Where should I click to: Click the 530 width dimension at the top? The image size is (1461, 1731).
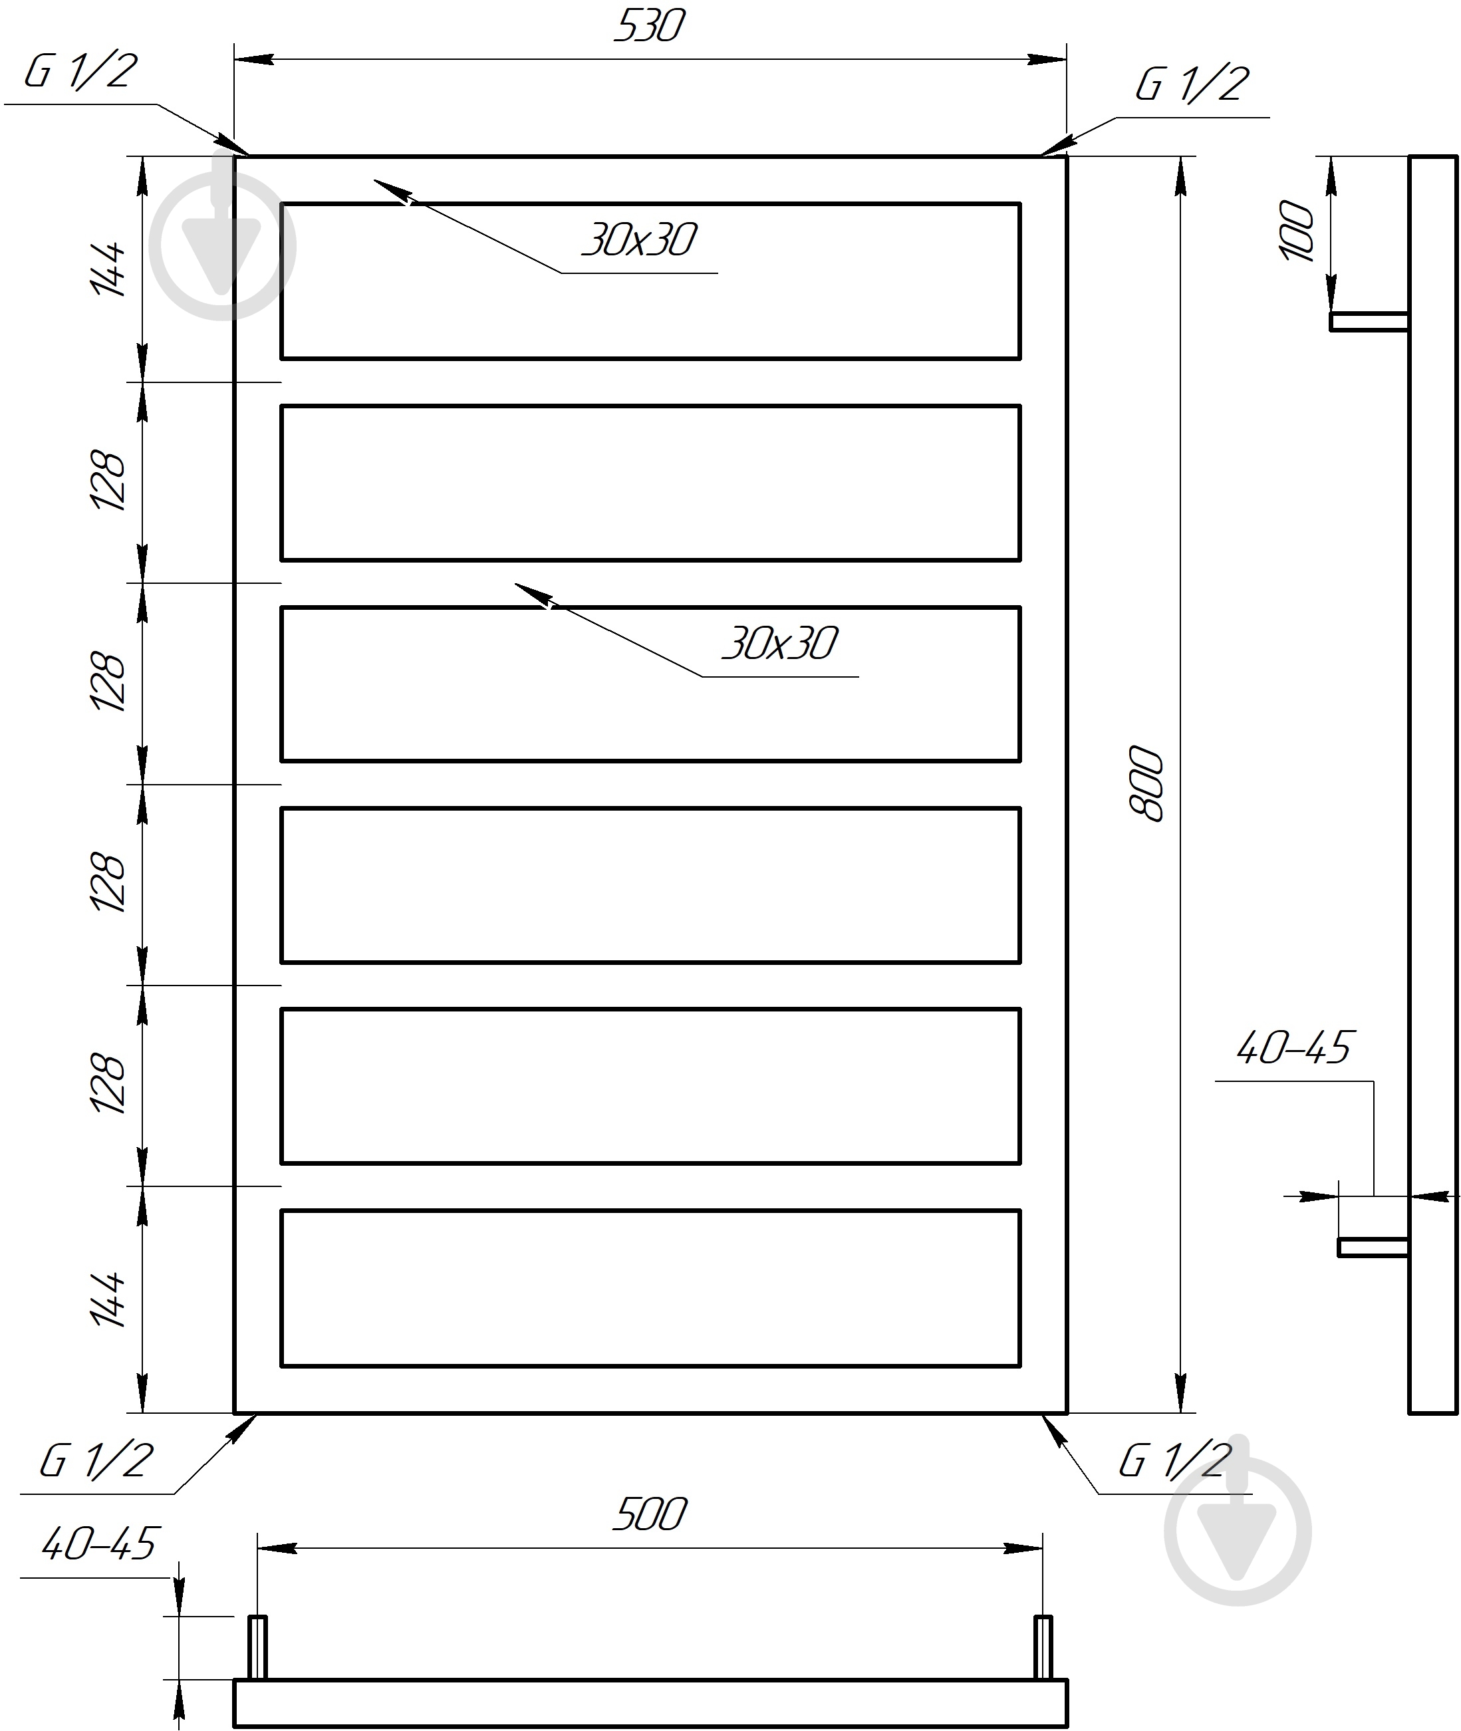pos(649,26)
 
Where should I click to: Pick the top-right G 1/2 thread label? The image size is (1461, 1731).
pos(1192,84)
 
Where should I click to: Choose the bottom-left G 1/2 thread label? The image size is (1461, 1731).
pos(96,1460)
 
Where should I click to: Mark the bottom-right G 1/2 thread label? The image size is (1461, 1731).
pos(1174,1460)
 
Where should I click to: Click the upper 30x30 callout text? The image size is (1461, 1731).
pos(638,240)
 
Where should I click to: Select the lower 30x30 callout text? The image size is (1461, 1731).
pos(779,644)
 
